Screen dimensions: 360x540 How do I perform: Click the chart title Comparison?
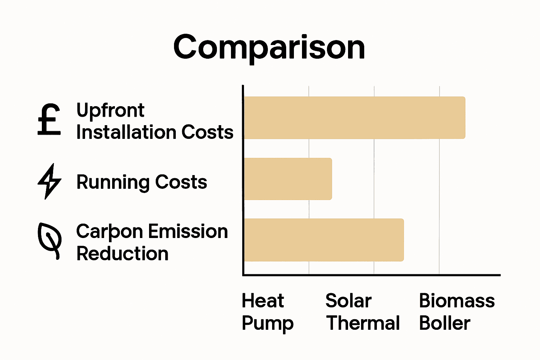(x=269, y=47)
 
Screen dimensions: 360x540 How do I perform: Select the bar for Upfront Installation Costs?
(x=354, y=118)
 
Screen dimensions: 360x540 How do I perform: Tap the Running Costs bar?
(x=288, y=179)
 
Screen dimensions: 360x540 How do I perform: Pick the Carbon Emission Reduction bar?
(x=323, y=240)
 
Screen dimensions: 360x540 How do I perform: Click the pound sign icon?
(x=49, y=120)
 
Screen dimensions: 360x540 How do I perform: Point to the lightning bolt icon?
(x=50, y=181)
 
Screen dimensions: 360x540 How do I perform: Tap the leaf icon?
(x=50, y=241)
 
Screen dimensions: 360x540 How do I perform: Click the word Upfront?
(x=110, y=111)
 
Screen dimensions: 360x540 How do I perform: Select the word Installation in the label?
(x=126, y=133)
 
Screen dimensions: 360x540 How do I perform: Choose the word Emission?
(x=188, y=232)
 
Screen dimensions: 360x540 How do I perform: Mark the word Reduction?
(x=122, y=254)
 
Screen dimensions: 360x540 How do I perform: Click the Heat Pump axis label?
(x=267, y=312)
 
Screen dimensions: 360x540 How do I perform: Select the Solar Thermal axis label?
(x=362, y=312)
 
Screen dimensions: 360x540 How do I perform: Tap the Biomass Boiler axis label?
(x=457, y=312)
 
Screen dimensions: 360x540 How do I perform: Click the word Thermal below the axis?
(x=363, y=323)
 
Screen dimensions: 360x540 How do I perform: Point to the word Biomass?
(x=457, y=301)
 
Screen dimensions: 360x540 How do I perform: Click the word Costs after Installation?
(x=207, y=133)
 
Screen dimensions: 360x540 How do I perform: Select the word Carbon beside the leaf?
(x=109, y=232)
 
